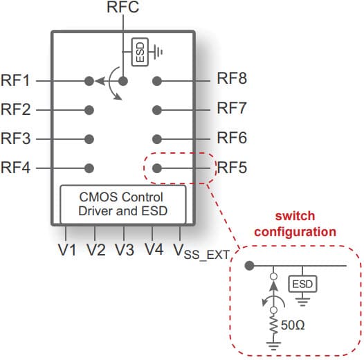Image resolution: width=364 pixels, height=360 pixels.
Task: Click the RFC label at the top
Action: (x=122, y=7)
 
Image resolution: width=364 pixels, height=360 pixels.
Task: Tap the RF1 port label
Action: (x=15, y=80)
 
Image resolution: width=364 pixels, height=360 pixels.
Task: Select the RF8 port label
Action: (x=232, y=78)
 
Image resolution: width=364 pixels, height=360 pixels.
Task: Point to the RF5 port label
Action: (x=232, y=168)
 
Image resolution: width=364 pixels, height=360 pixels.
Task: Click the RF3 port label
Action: (x=15, y=138)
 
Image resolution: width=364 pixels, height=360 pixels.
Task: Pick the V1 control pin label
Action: (x=67, y=250)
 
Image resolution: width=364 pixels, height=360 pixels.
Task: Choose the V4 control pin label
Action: (x=154, y=249)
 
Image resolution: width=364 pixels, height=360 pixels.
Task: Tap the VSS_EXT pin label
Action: (x=202, y=251)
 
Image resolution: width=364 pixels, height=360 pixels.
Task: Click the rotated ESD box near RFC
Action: (x=140, y=52)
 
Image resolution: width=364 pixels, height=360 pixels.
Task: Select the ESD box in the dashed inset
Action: (x=302, y=284)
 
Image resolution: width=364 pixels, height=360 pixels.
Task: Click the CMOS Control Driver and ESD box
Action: (x=123, y=204)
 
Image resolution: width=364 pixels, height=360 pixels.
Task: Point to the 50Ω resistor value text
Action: (x=293, y=325)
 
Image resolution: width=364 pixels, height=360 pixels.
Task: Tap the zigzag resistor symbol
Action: (x=274, y=325)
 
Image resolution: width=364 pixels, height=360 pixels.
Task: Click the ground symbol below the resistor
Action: (x=274, y=346)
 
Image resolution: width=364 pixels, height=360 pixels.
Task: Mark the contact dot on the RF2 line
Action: (x=89, y=110)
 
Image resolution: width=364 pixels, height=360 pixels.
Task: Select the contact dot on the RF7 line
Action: (x=157, y=110)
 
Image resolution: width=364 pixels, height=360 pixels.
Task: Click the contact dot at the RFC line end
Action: (x=123, y=81)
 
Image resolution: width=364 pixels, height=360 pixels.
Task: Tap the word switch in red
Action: (x=295, y=216)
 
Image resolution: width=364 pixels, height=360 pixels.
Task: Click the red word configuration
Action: (x=295, y=232)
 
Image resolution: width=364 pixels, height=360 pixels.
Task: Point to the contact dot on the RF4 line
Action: (x=89, y=168)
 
